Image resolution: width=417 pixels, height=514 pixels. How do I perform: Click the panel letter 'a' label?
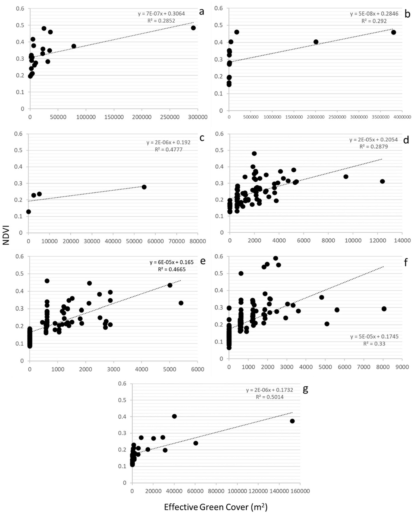pos(201,12)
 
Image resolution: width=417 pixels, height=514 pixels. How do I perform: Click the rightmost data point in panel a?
pos(193,28)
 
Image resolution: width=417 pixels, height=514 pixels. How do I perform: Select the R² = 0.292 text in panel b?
pos(374,21)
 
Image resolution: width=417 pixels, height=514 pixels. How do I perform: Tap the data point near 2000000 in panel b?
pos(316,42)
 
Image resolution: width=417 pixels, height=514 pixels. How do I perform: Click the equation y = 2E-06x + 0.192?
pos(168,142)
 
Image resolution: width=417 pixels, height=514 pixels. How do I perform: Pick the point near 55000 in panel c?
pos(144,187)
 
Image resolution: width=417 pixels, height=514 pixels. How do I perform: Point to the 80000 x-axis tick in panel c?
pos(197,241)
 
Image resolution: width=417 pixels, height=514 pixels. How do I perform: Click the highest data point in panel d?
pos(254,153)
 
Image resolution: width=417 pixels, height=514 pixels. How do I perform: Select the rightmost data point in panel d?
pos(382,181)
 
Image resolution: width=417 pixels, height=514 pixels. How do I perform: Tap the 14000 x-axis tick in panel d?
pos(402,240)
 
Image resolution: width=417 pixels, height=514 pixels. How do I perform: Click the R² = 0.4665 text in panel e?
pos(172,269)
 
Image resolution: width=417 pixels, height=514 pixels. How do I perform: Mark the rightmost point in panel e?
pos(181,303)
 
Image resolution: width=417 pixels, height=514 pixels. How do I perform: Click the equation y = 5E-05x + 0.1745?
pos(374,337)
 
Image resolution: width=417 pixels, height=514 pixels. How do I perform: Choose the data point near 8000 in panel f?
pos(384,309)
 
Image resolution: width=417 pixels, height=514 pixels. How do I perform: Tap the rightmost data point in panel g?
pos(292,421)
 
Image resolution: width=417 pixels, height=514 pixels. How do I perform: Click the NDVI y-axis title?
pos(6,235)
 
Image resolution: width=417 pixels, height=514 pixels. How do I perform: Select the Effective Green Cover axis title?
pos(216,507)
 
